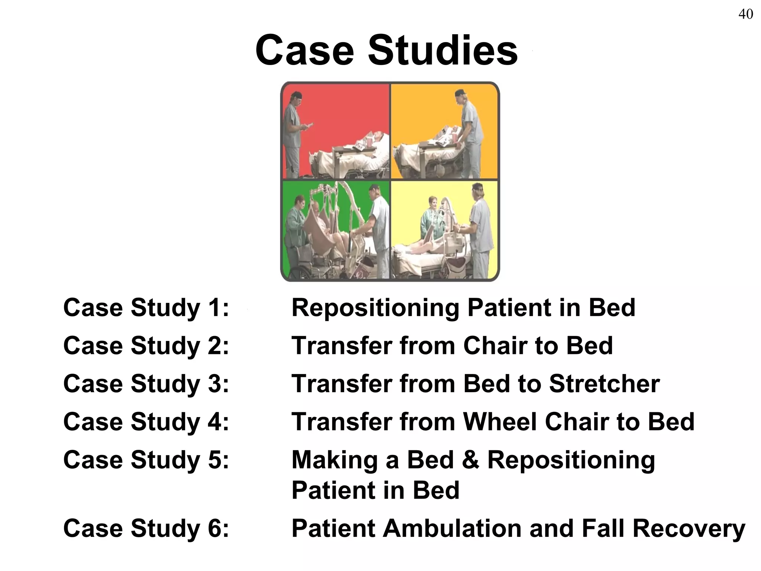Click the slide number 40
click(745, 14)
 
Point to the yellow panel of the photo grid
click(444, 230)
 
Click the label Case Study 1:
click(146, 308)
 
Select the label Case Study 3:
click(146, 384)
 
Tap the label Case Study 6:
click(146, 528)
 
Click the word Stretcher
click(604, 384)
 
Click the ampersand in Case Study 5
click(470, 460)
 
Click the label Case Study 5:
click(146, 460)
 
